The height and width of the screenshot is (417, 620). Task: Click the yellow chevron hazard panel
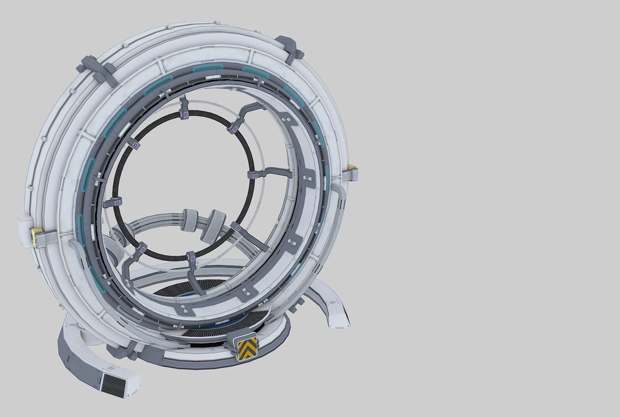pyautogui.click(x=247, y=349)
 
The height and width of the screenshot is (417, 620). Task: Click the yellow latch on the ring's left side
pyautogui.click(x=36, y=236)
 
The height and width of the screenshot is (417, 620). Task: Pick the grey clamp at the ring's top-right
pyautogui.click(x=289, y=48)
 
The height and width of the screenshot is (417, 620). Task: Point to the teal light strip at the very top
pyautogui.click(x=208, y=66)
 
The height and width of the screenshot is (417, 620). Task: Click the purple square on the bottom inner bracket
pyautogui.click(x=191, y=261)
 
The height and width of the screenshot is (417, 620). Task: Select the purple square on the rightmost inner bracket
pyautogui.click(x=256, y=174)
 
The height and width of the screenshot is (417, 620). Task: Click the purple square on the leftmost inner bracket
pyautogui.click(x=118, y=203)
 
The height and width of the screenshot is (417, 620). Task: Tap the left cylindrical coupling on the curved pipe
pyautogui.click(x=191, y=220)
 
